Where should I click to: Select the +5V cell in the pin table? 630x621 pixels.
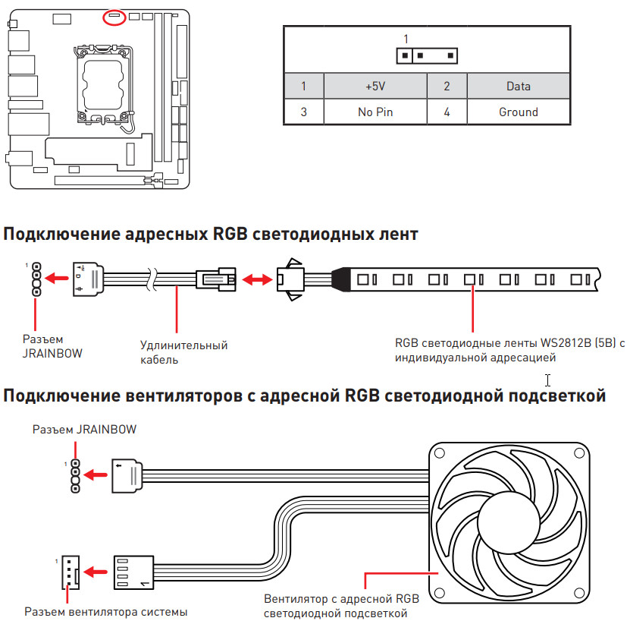click(375, 87)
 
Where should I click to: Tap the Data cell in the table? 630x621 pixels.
click(518, 87)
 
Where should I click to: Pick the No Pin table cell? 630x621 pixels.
click(375, 112)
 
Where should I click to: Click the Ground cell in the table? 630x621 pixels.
click(518, 112)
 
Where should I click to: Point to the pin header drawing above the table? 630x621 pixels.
click(427, 56)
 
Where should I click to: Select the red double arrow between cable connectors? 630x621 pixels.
click(258, 280)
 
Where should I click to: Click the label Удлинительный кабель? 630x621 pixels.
click(183, 352)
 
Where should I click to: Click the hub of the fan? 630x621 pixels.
click(510, 523)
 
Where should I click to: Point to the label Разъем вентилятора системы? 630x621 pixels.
click(105, 611)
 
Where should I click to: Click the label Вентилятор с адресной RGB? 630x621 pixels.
click(340, 598)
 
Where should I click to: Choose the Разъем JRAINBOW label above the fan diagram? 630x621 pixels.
click(84, 430)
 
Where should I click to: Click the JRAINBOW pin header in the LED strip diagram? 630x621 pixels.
click(35, 280)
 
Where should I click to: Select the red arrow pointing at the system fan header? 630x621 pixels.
click(96, 570)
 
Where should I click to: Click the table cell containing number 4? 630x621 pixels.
click(447, 112)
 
